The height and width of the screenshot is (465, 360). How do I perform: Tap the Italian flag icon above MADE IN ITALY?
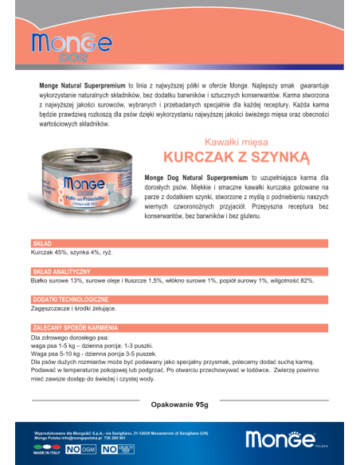[41, 447]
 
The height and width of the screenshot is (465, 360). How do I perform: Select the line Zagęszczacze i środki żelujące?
[73, 308]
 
